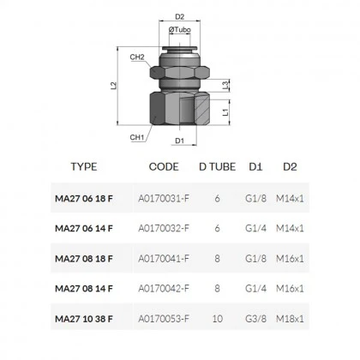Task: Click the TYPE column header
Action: [x=84, y=167]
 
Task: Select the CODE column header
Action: [x=163, y=167]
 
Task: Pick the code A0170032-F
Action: [x=163, y=228]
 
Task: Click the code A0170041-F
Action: [x=163, y=259]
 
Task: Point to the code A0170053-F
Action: [x=163, y=320]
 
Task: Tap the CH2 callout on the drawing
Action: [x=137, y=57]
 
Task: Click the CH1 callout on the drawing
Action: [x=136, y=135]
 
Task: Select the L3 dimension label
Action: [x=225, y=85]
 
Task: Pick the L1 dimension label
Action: [x=225, y=111]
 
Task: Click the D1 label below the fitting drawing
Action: [x=180, y=140]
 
